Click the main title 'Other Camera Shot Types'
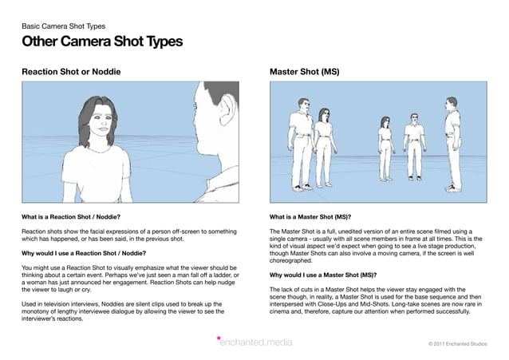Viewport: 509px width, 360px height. [102, 42]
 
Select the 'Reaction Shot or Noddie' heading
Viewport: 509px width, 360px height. [71, 72]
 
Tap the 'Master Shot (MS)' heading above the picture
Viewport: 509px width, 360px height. [305, 72]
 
